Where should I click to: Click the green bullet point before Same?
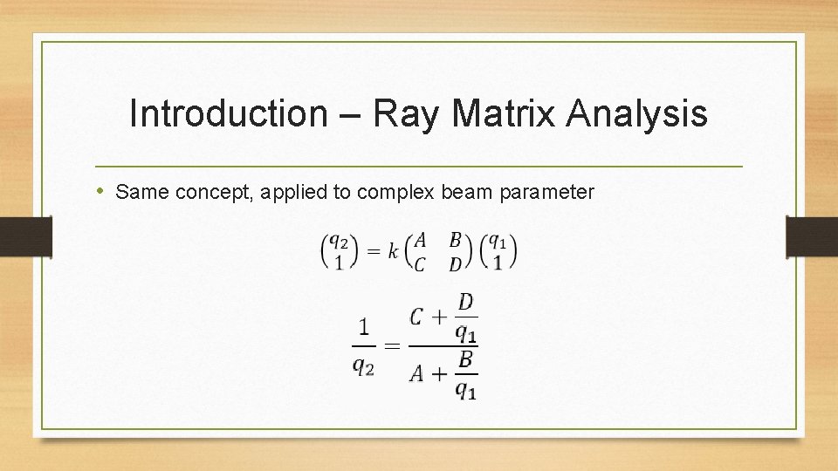point(101,191)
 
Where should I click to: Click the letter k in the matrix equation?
point(394,251)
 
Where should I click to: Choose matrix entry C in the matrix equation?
point(420,264)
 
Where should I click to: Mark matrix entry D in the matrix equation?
point(455,264)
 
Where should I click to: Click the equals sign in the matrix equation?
point(373,251)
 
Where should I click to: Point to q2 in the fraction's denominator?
point(363,367)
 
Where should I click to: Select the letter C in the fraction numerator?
point(418,317)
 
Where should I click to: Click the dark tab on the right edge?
point(811,236)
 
